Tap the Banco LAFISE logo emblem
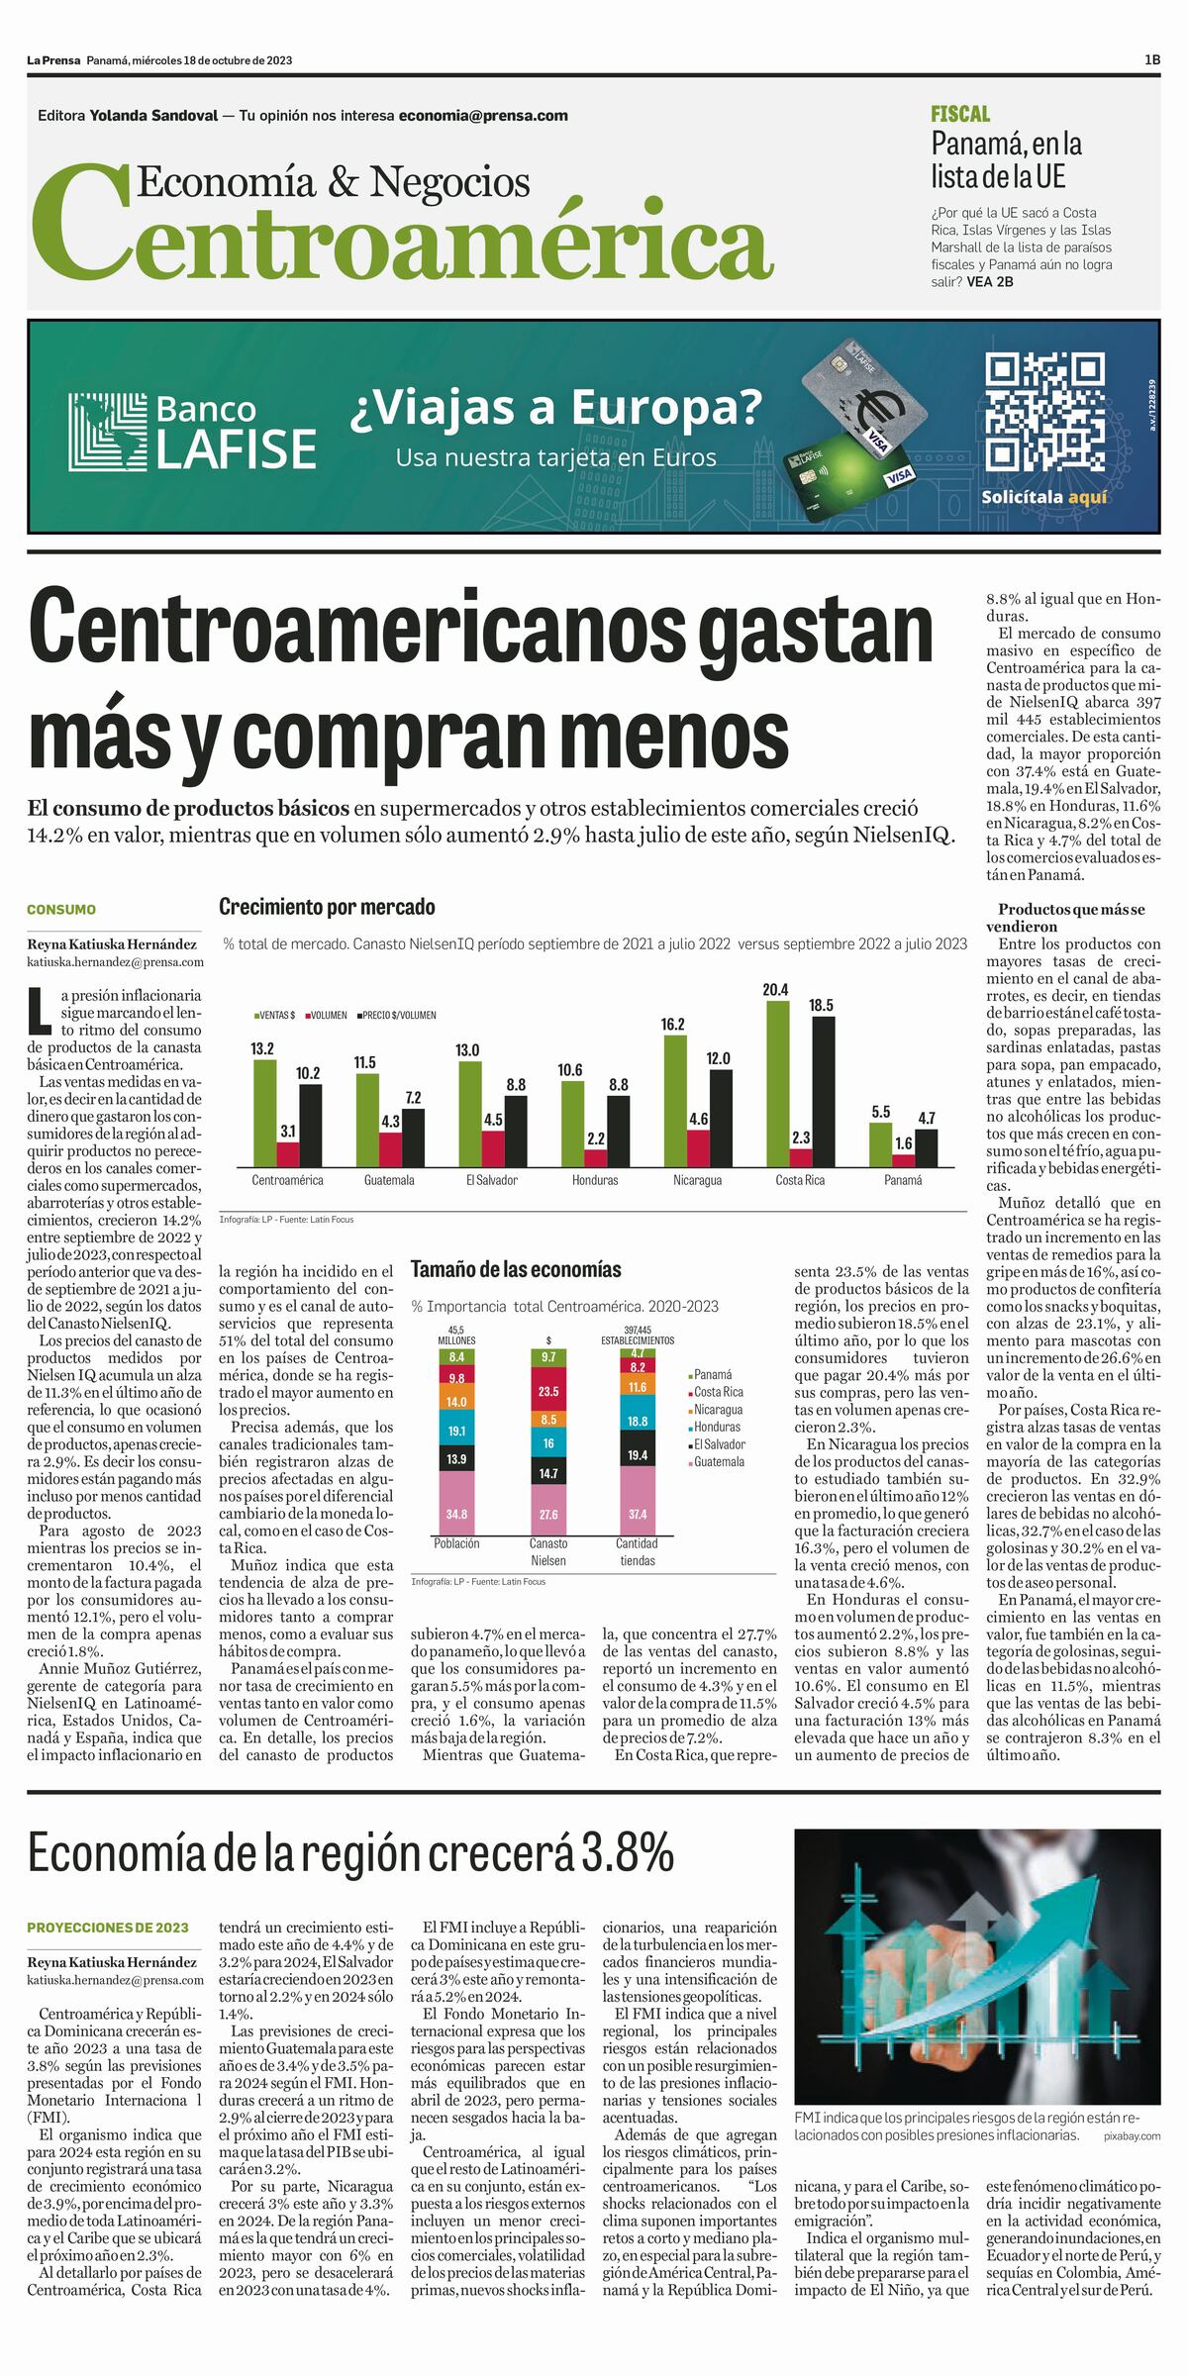107,432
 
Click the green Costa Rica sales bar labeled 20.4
778,1083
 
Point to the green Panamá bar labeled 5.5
880,1144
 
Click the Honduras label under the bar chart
595,1180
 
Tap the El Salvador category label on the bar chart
492,1180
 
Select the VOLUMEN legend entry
326,1015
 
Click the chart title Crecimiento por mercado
327,907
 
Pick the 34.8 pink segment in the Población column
456,1514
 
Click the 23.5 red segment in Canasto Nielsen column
548,1391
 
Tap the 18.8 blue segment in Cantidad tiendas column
638,1422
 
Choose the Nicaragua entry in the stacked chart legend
718,1410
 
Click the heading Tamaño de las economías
516,1269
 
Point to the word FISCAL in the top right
960,114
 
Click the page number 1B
1152,60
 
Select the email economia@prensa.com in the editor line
483,115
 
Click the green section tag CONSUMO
61,909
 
